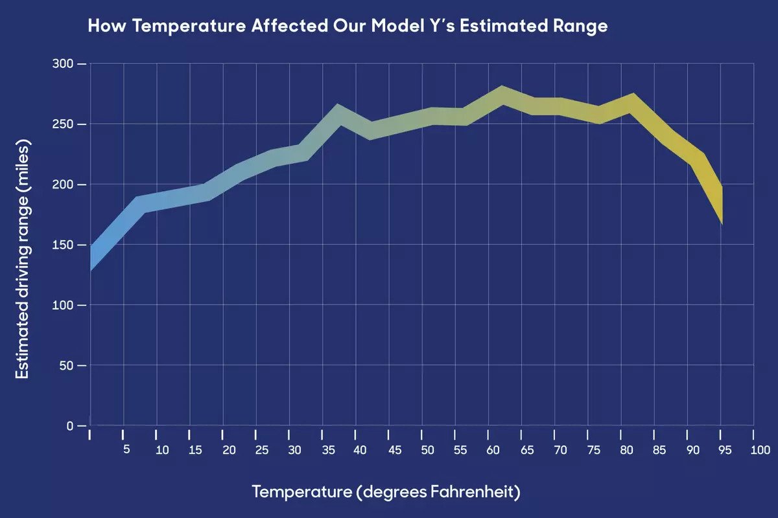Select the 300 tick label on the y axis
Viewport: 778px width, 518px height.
click(64, 64)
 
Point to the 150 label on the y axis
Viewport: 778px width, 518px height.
click(64, 245)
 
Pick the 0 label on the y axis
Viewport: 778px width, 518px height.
click(71, 426)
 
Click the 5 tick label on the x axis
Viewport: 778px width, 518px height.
click(126, 450)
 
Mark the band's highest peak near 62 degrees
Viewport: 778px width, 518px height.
click(502, 95)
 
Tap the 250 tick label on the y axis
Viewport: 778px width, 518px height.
click(64, 124)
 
